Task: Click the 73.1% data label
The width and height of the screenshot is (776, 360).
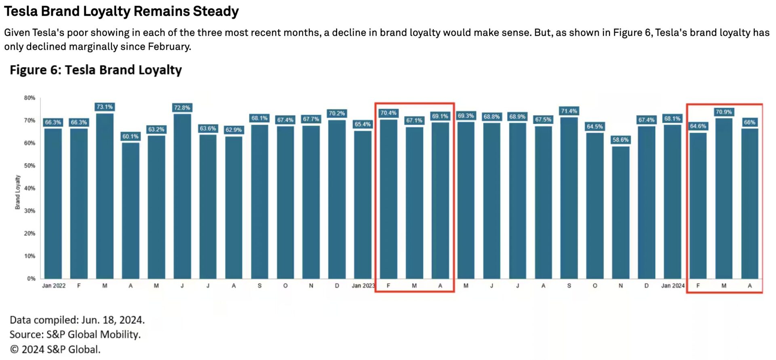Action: pyautogui.click(x=105, y=107)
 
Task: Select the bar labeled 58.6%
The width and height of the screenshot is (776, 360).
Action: pyautogui.click(x=620, y=212)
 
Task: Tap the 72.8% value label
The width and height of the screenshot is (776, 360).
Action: pyautogui.click(x=182, y=107)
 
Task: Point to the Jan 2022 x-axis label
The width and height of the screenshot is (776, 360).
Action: pyautogui.click(x=54, y=286)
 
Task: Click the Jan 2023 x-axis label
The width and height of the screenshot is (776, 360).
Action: pyautogui.click(x=363, y=286)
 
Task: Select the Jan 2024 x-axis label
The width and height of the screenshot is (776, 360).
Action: pyautogui.click(x=673, y=286)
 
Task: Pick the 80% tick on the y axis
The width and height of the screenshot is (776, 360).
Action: pyautogui.click(x=30, y=98)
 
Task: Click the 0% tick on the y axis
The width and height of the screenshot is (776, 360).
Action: pyautogui.click(x=31, y=278)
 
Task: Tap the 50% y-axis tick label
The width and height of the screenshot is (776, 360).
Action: pyautogui.click(x=30, y=166)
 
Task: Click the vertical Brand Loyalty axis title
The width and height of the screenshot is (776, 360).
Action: pyautogui.click(x=17, y=192)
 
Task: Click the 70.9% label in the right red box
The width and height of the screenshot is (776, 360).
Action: pyautogui.click(x=723, y=112)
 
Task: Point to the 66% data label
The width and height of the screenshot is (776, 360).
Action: pyautogui.click(x=749, y=122)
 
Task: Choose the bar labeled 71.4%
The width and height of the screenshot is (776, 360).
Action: pyautogui.click(x=569, y=198)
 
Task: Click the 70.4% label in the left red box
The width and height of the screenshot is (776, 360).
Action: pyautogui.click(x=388, y=113)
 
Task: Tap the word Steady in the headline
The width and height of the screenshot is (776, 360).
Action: pyautogui.click(x=215, y=11)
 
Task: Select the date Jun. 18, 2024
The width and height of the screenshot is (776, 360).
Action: pyautogui.click(x=113, y=320)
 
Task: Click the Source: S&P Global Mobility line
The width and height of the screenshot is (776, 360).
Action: pyautogui.click(x=75, y=335)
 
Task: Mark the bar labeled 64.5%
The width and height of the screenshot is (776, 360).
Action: pyautogui.click(x=595, y=205)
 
